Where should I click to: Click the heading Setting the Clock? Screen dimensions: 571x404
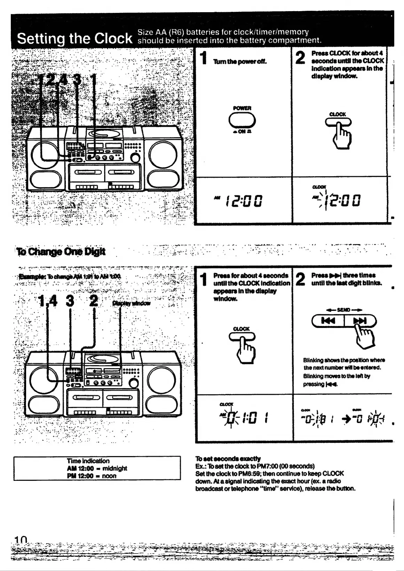coord(75,38)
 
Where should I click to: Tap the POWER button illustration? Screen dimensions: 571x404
coord(242,121)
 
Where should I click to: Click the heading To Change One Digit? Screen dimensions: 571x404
coord(61,251)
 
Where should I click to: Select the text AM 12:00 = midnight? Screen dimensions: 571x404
coord(97,468)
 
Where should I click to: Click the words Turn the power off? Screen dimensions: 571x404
coord(240,62)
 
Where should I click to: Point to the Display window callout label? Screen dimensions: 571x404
coord(132,303)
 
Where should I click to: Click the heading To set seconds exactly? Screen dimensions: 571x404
coord(228,459)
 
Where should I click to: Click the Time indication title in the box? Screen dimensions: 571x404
coord(88,461)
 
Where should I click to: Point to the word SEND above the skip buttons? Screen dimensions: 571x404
coord(343,310)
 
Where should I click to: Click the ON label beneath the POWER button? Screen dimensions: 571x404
coord(242,132)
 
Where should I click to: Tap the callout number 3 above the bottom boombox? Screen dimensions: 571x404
coord(70,301)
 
